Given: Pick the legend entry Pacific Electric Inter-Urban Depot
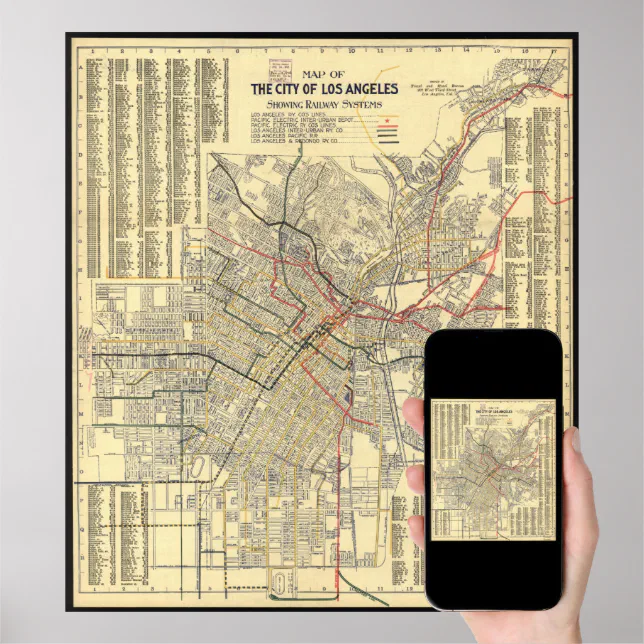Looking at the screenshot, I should click(301, 125).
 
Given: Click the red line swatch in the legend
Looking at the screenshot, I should click(386, 131).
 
